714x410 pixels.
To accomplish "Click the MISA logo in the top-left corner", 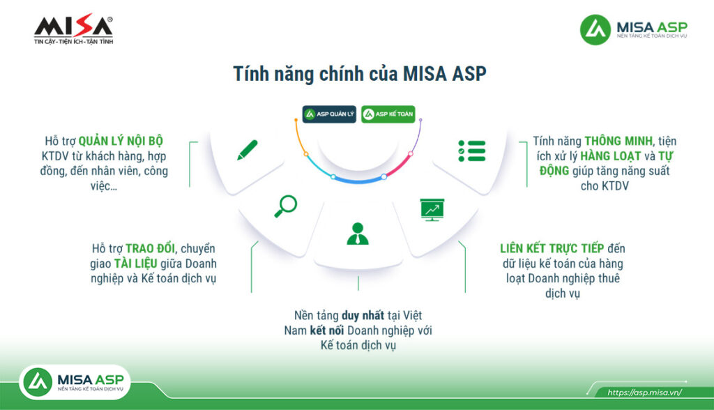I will tap(73, 26).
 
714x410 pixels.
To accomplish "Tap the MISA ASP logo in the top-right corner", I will tap(634, 30).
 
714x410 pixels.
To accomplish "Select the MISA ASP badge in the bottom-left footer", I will tap(75, 381).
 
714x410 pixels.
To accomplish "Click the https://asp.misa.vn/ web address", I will tap(644, 393).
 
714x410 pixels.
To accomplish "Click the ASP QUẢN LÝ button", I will tap(329, 114).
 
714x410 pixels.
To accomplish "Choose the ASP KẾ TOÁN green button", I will tap(388, 114).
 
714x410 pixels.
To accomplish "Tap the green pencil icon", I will tap(247, 150).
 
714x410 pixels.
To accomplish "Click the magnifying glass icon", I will tap(285, 206).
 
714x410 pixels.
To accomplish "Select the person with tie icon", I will tap(358, 233).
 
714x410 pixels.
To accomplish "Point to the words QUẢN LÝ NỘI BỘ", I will tap(121, 140).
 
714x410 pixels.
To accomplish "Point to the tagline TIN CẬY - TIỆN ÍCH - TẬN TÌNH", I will tap(73, 42).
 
